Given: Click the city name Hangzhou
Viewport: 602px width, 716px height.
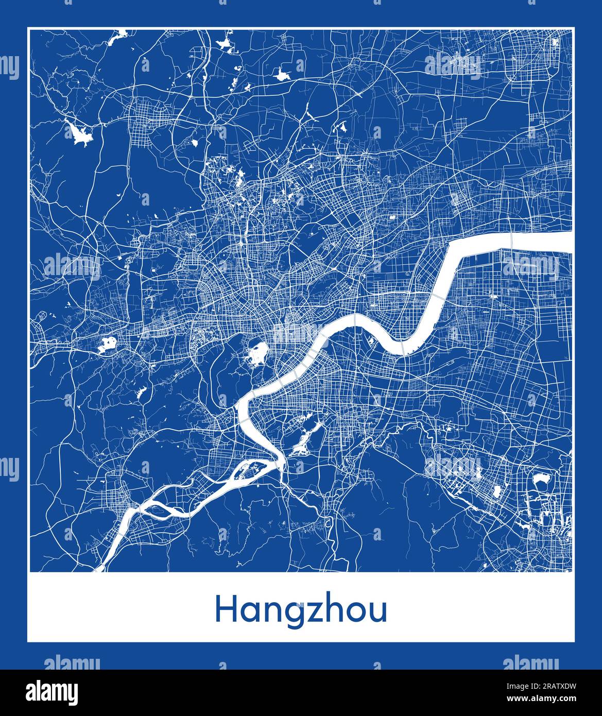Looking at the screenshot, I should (x=301, y=610).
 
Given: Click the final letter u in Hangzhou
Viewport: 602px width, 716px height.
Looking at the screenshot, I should (x=376, y=611).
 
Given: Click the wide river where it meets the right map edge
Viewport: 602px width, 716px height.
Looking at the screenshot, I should (x=566, y=242).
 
